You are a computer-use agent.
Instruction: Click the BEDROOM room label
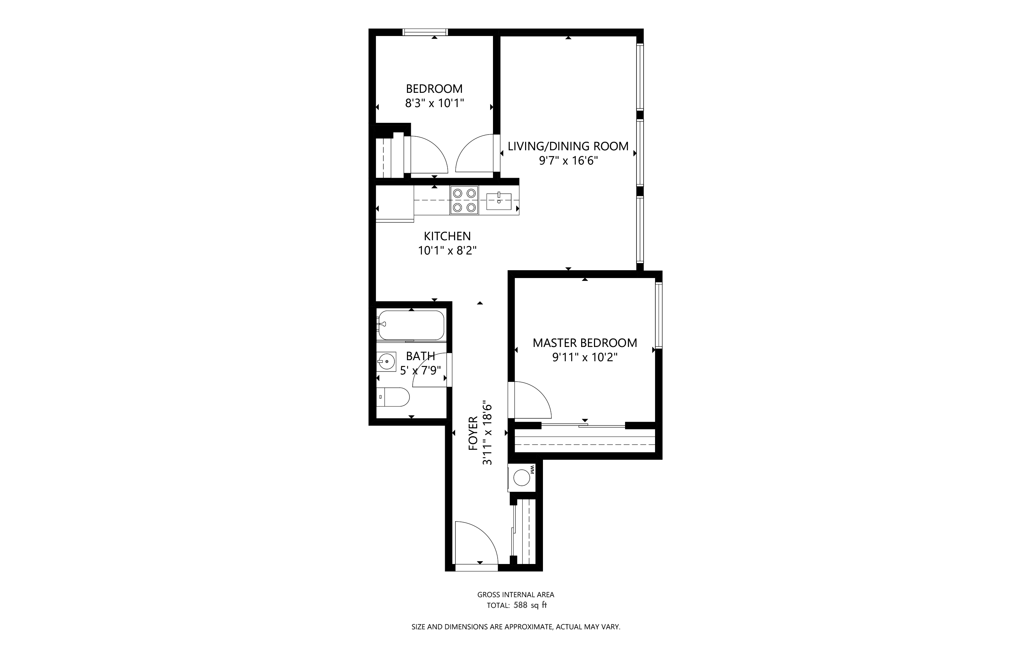[x=434, y=89]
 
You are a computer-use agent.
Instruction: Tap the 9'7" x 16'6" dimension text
[x=568, y=161]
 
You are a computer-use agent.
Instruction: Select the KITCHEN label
[x=447, y=236]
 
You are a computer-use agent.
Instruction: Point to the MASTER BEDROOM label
[x=585, y=343]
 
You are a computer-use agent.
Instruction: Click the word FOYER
[x=473, y=433]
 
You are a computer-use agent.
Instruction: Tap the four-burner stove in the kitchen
[x=464, y=200]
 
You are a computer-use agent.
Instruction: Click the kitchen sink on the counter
[x=499, y=201]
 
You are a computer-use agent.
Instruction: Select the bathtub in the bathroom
[x=411, y=325]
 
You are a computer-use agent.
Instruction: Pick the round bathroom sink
[x=387, y=362]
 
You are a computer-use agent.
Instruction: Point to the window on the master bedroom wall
[x=659, y=316]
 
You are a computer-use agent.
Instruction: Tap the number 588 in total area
[x=520, y=605]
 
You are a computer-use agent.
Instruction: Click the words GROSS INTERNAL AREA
[x=516, y=594]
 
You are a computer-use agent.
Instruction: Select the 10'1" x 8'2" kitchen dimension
[x=447, y=251]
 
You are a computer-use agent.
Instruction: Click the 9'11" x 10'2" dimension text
[x=585, y=357]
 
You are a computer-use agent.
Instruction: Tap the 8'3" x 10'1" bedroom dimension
[x=434, y=103]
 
